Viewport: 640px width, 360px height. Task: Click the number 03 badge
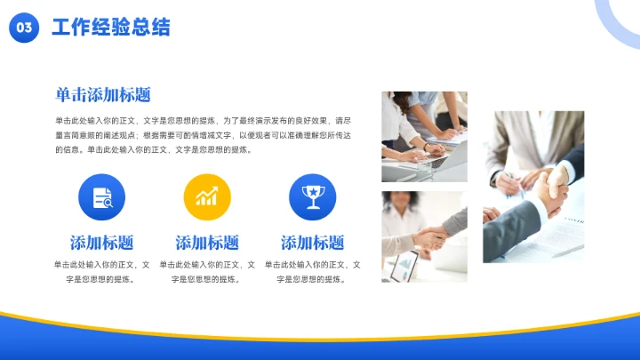tap(25, 28)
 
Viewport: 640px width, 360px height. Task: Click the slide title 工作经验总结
tap(111, 28)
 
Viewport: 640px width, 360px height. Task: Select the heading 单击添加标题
tap(102, 95)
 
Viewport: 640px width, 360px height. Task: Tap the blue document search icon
tap(101, 196)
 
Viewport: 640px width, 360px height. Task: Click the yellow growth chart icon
tap(206, 196)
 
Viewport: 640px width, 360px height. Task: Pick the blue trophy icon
tap(312, 196)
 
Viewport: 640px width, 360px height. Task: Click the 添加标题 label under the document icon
tap(101, 242)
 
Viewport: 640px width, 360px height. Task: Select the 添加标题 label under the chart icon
tap(206, 242)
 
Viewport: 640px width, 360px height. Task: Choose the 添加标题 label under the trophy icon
tap(312, 242)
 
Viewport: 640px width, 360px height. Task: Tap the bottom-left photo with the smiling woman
tap(424, 236)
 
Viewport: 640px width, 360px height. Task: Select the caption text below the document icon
tap(101, 271)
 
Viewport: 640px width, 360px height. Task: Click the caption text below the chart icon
tap(206, 271)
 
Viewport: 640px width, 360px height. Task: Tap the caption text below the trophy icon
tap(312, 271)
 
